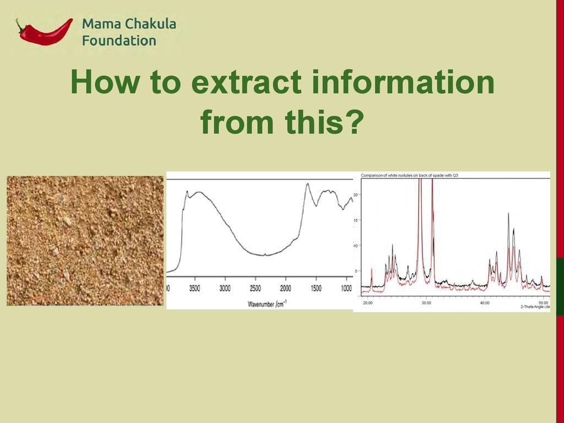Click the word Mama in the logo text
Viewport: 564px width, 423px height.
click(x=101, y=24)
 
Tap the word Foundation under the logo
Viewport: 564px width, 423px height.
click(x=119, y=41)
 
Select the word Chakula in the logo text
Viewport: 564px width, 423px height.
click(x=150, y=24)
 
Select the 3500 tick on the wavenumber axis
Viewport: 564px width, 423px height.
click(x=194, y=289)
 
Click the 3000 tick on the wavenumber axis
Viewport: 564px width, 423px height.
click(x=225, y=289)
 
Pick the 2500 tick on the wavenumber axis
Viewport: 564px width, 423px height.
click(x=255, y=289)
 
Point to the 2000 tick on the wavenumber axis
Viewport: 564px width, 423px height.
click(x=285, y=289)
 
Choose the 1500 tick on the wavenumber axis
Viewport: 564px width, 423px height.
click(x=316, y=289)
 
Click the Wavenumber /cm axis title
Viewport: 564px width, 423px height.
click(x=267, y=304)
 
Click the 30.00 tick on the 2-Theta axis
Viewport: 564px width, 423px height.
click(x=426, y=303)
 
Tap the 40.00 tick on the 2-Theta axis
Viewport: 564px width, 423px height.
click(x=485, y=303)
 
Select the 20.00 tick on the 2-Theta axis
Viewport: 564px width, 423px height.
click(x=367, y=303)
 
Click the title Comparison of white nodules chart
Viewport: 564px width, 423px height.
click(x=409, y=176)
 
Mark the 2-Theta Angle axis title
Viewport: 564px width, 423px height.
click(x=535, y=307)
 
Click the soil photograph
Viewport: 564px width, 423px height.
click(x=85, y=241)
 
